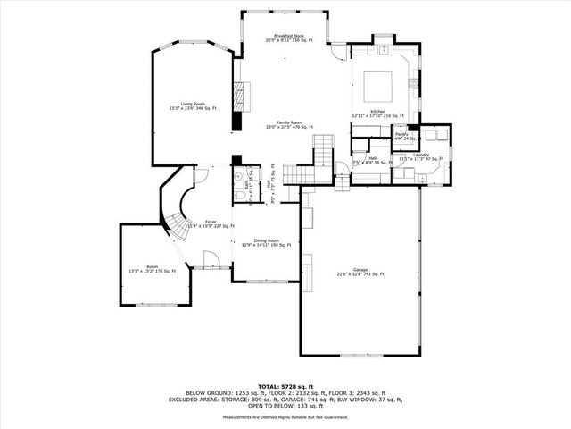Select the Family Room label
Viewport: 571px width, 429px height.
288,125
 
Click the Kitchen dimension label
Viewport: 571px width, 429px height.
377,114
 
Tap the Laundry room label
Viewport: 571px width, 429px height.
421,157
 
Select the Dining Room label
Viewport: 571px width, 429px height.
266,242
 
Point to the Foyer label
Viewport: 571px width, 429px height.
211,223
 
